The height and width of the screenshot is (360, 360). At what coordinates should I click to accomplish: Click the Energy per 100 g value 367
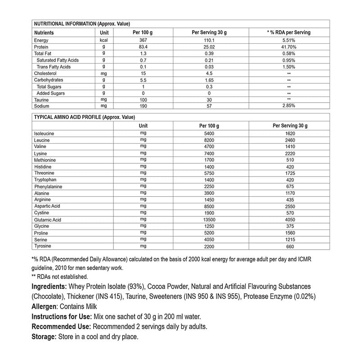point(144,40)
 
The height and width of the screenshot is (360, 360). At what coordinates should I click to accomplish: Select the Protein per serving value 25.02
point(209,47)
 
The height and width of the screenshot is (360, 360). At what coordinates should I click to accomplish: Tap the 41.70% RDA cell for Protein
point(289,47)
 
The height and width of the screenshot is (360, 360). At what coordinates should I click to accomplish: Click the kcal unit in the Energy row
point(104,40)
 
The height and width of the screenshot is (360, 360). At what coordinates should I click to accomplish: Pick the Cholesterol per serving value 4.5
point(209,73)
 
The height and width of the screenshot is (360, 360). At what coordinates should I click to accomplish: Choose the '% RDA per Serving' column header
point(289,33)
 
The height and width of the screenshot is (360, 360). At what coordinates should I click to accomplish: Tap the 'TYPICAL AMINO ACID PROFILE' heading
point(85,117)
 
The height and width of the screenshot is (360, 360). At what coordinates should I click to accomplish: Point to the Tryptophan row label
point(45,180)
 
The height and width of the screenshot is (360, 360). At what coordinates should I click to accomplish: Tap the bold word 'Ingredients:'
point(49,287)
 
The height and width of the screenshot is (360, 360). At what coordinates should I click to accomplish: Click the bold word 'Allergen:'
point(45,307)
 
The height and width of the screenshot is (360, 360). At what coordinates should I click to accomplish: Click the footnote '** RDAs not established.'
point(60,277)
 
